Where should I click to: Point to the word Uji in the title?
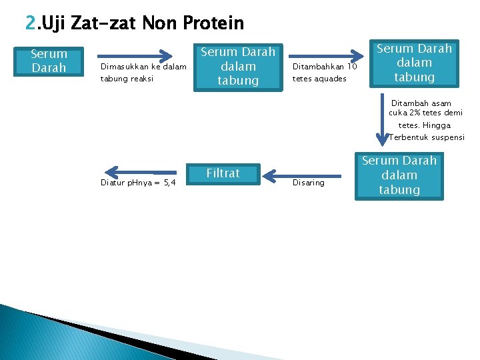click(x=53, y=24)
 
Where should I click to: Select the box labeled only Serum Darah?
click(x=49, y=61)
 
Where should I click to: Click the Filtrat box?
click(x=223, y=173)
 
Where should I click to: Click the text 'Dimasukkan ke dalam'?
click(x=143, y=66)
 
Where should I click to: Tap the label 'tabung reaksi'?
click(x=127, y=78)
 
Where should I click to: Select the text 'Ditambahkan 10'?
click(x=325, y=66)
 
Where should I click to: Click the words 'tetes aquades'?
click(x=320, y=78)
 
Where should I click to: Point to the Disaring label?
click(x=309, y=183)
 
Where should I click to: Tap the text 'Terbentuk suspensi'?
click(x=427, y=137)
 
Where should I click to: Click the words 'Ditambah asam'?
click(x=421, y=103)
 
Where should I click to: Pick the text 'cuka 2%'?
click(x=407, y=113)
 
